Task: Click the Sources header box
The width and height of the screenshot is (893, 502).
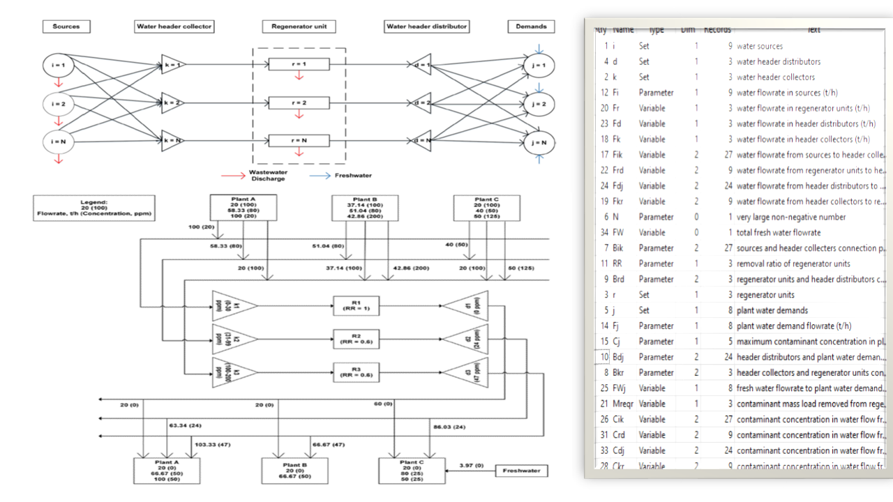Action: point(66,26)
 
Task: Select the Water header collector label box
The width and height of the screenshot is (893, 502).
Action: point(174,26)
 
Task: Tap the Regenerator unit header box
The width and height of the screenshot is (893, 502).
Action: point(299,26)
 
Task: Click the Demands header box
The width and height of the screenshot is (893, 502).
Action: point(532,26)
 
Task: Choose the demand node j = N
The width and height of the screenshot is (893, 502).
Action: point(539,142)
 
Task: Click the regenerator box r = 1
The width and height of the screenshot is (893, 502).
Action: point(299,65)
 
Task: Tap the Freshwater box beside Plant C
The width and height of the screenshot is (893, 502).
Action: point(522,471)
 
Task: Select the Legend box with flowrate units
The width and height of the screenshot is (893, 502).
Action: point(94,208)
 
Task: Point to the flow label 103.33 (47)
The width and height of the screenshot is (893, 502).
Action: point(213,443)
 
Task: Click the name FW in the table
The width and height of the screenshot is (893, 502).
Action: point(619,232)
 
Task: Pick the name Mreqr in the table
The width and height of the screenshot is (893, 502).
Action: point(625,404)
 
